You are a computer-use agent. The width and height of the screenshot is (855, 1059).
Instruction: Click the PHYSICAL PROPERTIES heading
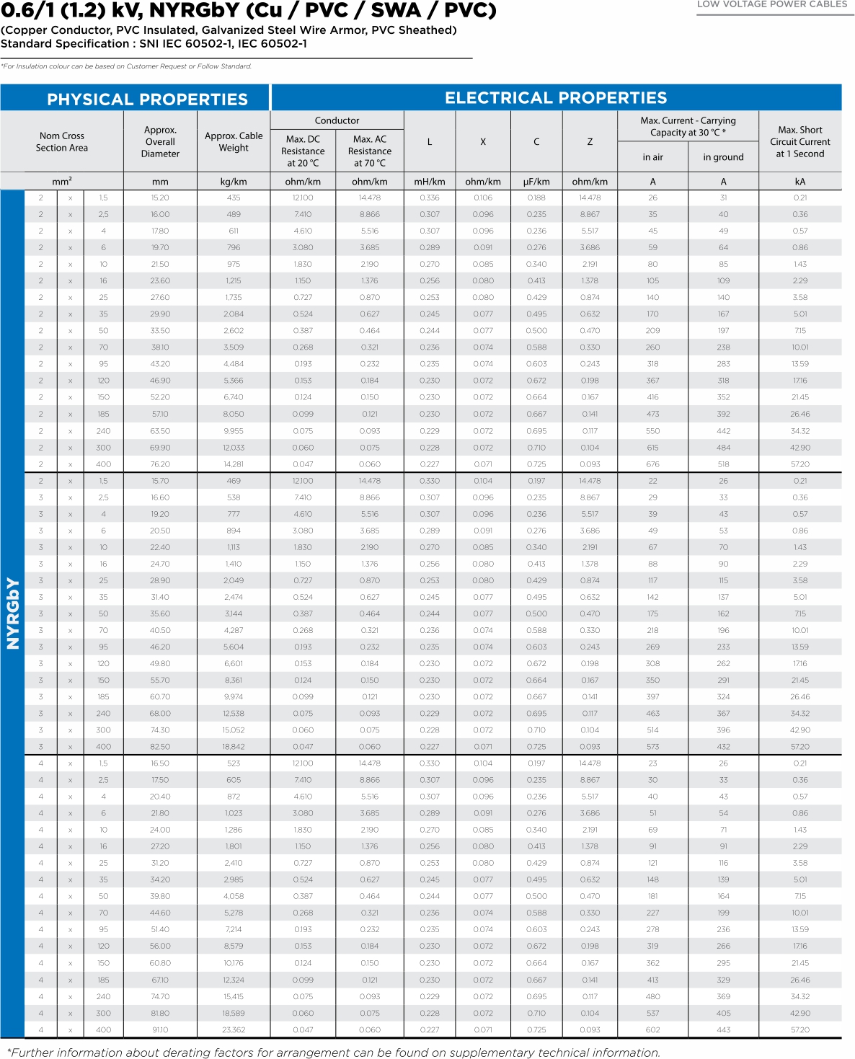pos(147,99)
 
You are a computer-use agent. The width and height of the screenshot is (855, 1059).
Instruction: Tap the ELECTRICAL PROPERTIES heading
pos(556,98)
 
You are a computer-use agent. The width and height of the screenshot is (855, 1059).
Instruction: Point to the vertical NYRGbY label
pos(13,613)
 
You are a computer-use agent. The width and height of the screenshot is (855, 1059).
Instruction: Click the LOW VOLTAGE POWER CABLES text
pos(772,4)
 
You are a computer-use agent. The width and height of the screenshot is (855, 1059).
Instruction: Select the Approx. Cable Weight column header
pos(234,142)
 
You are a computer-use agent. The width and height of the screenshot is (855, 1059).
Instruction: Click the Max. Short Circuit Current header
pos(799,142)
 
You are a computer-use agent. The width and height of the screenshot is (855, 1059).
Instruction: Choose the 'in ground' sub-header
pos(723,157)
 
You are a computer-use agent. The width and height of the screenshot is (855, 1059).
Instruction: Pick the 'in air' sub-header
pos(652,157)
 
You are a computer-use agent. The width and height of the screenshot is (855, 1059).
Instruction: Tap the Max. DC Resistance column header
pos(303,151)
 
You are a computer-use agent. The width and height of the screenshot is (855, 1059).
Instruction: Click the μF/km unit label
pos(536,182)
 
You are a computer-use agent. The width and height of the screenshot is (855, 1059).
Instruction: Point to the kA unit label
pos(799,182)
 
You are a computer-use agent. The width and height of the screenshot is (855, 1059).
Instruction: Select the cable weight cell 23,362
pos(234,1030)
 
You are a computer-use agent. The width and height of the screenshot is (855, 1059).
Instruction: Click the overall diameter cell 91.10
pos(160,1030)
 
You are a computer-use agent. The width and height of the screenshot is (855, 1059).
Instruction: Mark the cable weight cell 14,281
pos(234,464)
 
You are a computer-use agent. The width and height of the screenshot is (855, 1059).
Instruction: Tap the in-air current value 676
pos(652,464)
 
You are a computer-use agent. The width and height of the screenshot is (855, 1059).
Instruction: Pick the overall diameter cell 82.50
pos(160,747)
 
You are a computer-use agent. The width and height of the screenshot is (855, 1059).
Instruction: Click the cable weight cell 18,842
pos(234,747)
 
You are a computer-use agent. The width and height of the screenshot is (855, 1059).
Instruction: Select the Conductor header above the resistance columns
pos(337,120)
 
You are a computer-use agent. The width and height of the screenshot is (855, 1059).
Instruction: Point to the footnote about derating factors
pos(333,1053)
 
